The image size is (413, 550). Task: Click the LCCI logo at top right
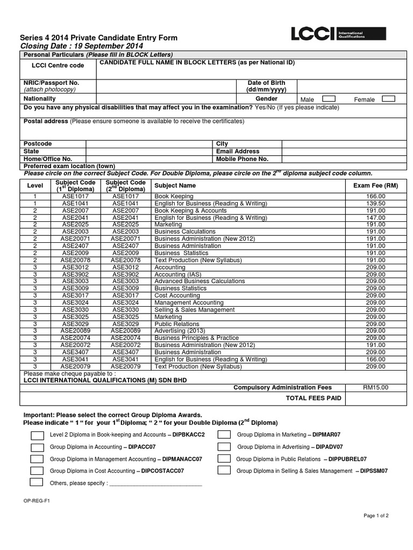pos(328,35)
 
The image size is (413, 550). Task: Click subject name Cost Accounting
pos(177,295)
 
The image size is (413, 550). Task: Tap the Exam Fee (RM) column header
pos(375,185)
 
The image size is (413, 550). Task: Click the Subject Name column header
pos(175,185)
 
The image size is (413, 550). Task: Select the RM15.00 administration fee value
pos(375,387)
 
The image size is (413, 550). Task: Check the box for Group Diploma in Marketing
pos(224,435)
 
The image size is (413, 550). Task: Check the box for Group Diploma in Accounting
pos(37,447)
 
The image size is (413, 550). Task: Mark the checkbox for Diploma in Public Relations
pos(224,459)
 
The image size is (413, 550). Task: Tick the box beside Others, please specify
pos(37,482)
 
